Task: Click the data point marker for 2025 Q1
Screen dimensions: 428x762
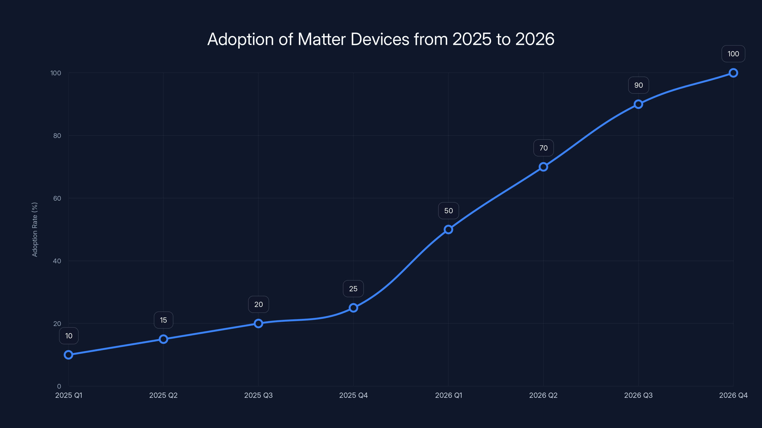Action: pos(68,355)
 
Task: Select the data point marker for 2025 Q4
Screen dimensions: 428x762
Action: pos(353,308)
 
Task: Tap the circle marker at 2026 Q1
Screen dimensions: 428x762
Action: pos(448,229)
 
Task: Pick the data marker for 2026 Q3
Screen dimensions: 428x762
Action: pos(638,104)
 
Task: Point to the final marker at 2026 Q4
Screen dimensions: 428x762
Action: pos(733,73)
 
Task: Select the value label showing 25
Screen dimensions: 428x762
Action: pos(353,289)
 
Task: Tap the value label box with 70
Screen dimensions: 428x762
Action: pos(543,148)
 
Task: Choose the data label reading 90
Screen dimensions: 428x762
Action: pos(638,85)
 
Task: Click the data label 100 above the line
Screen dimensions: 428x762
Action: pos(733,54)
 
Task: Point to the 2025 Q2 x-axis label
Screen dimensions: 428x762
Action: pos(163,395)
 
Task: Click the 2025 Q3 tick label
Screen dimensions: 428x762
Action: pos(258,395)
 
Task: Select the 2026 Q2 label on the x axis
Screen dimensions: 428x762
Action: pos(543,395)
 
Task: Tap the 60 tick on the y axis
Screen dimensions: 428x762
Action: pos(57,198)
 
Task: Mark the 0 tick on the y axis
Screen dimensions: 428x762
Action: pos(59,386)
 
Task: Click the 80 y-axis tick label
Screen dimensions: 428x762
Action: pos(57,136)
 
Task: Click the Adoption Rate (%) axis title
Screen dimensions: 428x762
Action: pos(35,229)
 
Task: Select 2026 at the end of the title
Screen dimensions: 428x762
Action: pos(535,39)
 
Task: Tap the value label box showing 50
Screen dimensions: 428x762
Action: pos(448,211)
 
